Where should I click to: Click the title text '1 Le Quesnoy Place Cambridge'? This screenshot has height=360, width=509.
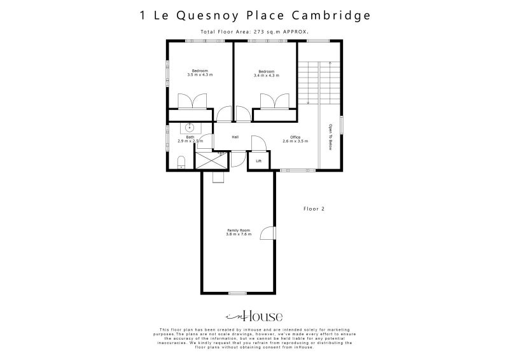(x=254, y=15)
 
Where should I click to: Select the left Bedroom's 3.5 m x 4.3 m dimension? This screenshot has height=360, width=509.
(x=200, y=75)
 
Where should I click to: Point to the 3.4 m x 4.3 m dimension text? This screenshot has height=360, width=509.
(x=266, y=75)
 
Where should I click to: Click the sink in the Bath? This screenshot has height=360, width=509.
(x=190, y=128)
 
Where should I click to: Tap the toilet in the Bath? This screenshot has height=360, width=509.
(x=181, y=161)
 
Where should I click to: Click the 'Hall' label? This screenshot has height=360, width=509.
(x=235, y=137)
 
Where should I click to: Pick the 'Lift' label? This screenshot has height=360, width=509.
(x=258, y=162)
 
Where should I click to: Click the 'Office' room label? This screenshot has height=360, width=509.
(x=295, y=137)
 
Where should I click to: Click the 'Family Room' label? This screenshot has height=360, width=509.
(x=239, y=230)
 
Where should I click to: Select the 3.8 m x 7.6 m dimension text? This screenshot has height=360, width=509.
(x=239, y=235)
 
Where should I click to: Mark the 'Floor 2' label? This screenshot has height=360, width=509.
(x=314, y=208)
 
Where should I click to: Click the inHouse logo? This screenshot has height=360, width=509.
(x=254, y=316)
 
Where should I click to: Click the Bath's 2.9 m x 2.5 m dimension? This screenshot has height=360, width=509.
(x=190, y=141)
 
